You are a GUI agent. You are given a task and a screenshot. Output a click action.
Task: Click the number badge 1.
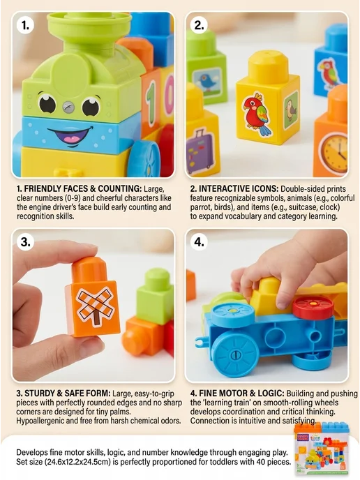[25, 25]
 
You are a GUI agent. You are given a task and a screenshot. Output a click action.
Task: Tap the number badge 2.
[199, 25]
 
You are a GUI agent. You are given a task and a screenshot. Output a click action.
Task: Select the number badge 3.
[25, 242]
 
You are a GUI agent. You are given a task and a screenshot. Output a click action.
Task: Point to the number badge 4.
[199, 242]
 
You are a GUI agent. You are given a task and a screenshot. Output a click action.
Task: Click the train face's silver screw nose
[68, 107]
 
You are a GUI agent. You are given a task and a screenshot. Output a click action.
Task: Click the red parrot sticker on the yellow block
[257, 114]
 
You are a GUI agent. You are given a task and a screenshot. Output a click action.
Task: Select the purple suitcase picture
[198, 151]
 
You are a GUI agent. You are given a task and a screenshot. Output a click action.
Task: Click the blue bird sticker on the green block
[206, 81]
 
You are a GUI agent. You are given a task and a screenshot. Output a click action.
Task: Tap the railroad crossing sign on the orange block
[95, 305]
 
